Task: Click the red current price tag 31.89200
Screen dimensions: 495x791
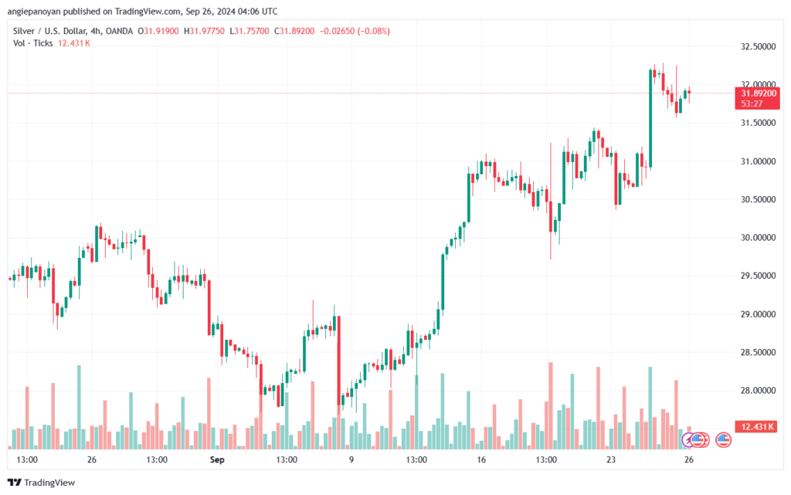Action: (757, 93)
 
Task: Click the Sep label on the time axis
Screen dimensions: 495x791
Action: (217, 459)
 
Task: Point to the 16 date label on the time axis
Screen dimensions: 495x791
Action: (481, 459)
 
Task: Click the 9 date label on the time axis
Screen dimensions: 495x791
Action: (351, 459)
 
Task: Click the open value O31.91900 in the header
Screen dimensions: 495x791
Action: (158, 31)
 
